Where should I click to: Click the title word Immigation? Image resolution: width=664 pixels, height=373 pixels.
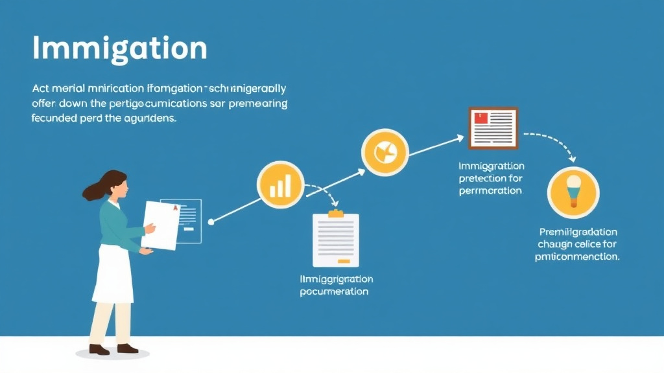pos(119,49)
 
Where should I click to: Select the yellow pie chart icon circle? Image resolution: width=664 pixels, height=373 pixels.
pos(385,152)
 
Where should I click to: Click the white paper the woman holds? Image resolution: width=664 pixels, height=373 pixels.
pos(160,225)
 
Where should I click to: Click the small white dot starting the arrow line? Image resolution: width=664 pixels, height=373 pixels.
pos(211,222)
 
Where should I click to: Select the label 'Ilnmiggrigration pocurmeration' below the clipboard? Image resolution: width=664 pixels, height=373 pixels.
pos(336,286)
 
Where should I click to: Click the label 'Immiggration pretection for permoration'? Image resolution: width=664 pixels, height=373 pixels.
pos(490,178)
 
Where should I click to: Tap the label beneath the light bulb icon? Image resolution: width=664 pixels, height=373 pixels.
pos(578,244)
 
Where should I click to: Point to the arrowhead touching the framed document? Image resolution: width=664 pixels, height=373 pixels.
pos(460,137)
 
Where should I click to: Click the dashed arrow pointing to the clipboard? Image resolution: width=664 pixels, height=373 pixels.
pos(324,195)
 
